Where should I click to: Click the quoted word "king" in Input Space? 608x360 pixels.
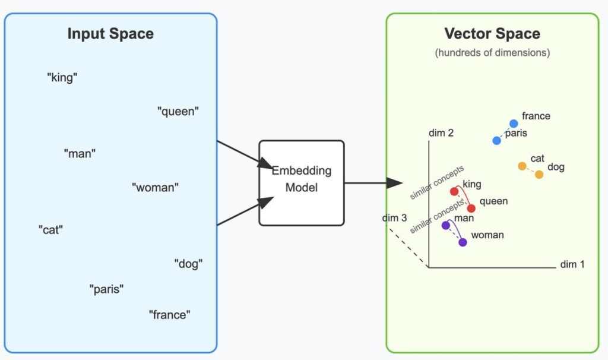coord(62,77)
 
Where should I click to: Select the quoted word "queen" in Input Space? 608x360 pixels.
coord(178,111)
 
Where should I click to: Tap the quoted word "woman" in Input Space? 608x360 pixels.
coord(155,188)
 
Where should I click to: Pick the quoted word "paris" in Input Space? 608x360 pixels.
coord(107,289)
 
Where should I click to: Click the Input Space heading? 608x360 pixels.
coord(110,34)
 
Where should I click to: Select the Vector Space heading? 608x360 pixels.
coord(492,34)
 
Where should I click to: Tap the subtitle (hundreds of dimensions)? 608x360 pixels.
coord(492,53)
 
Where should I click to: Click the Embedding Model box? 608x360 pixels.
coord(302,183)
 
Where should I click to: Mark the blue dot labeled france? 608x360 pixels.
coord(514,124)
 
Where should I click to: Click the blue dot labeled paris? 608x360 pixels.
coord(497,140)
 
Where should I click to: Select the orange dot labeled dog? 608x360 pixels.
coord(539,174)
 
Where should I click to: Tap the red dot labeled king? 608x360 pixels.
coord(455,191)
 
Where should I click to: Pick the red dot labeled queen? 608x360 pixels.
coord(471,209)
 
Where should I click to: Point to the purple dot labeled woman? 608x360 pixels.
coord(463,242)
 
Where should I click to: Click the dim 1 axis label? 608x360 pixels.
coord(572,264)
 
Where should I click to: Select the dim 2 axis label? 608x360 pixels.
coord(441,133)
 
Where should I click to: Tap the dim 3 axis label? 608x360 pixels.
coord(394,218)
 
